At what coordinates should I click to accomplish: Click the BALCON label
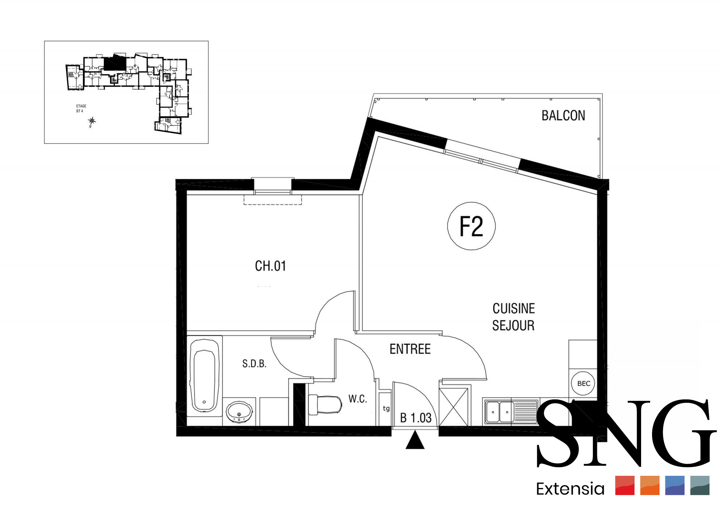pyautogui.click(x=563, y=116)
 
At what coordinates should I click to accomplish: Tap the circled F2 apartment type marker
pyautogui.click(x=471, y=226)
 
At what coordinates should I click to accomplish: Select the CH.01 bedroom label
pyautogui.click(x=270, y=266)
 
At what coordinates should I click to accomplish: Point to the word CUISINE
pyautogui.click(x=514, y=309)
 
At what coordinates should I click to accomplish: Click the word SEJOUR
pyautogui.click(x=513, y=326)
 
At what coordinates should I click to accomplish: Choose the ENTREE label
pyautogui.click(x=410, y=349)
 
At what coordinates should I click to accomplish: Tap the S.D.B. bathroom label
pyautogui.click(x=254, y=364)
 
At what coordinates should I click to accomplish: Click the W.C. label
pyautogui.click(x=358, y=399)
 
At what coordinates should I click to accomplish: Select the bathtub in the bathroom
pyautogui.click(x=205, y=376)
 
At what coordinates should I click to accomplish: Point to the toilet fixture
pyautogui.click(x=325, y=404)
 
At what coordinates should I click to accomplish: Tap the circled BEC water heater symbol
pyautogui.click(x=583, y=383)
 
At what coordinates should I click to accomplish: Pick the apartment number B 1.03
pyautogui.click(x=416, y=418)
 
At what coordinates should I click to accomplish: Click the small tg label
pyautogui.click(x=386, y=408)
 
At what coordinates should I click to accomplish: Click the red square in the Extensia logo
pyautogui.click(x=625, y=486)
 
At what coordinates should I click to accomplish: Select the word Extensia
pyautogui.click(x=570, y=489)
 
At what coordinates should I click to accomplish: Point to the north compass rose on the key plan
pyautogui.click(x=92, y=121)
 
